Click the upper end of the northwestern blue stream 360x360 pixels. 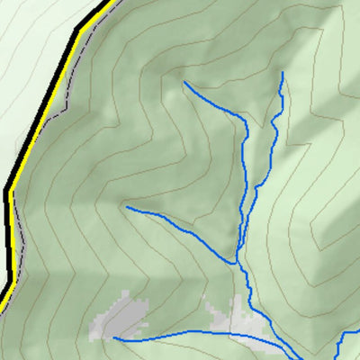(x=184, y=83)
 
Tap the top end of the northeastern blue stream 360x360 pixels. (x=283, y=73)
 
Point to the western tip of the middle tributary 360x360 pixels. (x=127, y=207)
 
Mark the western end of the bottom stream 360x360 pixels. (x=114, y=338)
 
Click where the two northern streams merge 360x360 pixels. (x=240, y=236)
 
